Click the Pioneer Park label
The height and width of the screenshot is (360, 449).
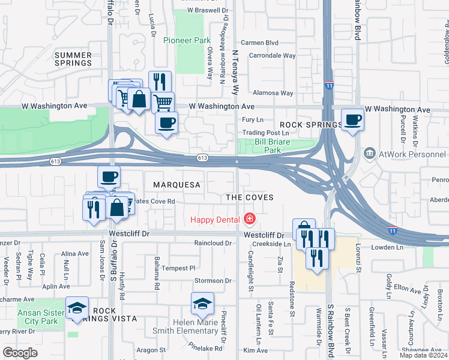(x=187, y=40)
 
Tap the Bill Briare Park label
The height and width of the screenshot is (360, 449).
(x=268, y=146)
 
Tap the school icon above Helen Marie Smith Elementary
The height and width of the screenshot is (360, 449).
(x=203, y=304)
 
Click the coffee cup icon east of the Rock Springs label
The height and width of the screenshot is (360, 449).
(x=352, y=119)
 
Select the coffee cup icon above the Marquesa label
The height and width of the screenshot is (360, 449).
(x=109, y=177)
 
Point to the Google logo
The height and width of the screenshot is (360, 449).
(x=20, y=353)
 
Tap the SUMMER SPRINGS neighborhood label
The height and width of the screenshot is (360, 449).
(x=73, y=59)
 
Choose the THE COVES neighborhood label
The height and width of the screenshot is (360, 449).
(x=249, y=197)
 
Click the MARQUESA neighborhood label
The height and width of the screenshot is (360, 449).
(x=176, y=185)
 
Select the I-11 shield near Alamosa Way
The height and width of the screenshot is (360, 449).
(x=329, y=86)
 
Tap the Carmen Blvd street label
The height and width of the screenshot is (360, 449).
(x=259, y=43)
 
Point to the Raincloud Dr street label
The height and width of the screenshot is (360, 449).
(x=212, y=243)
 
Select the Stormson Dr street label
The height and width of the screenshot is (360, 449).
(x=212, y=280)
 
